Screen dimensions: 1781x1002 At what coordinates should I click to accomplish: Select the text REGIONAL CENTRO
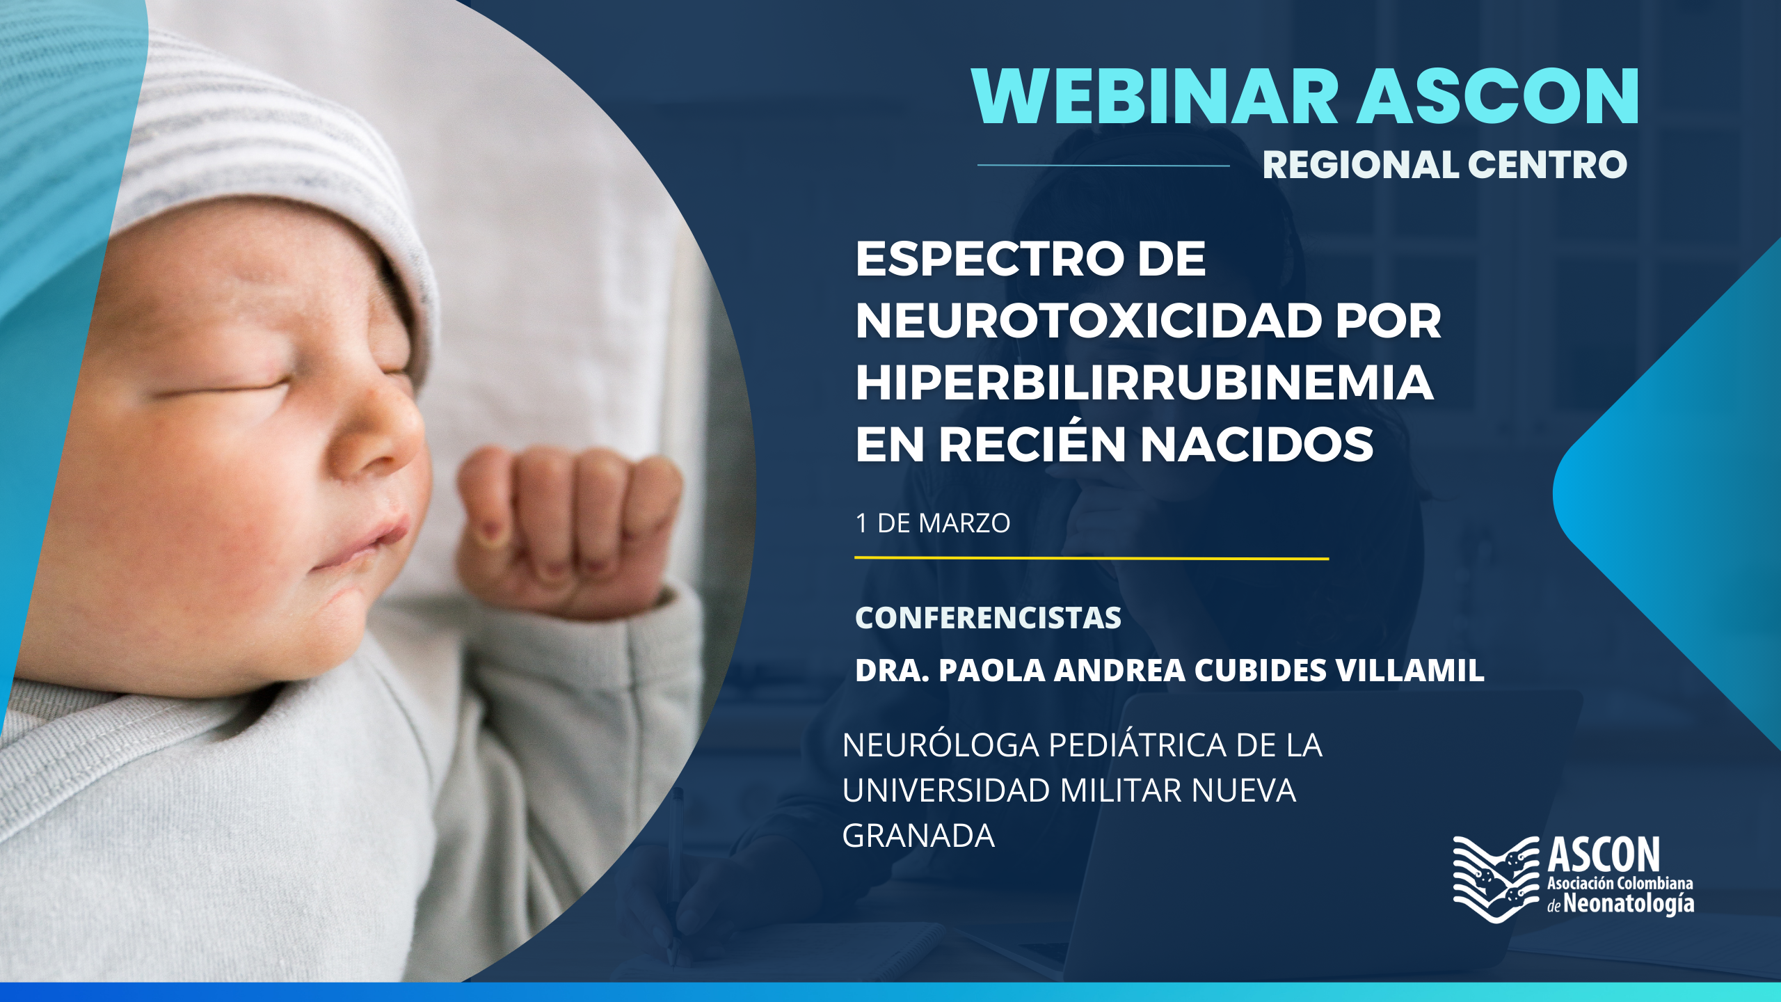point(1445,165)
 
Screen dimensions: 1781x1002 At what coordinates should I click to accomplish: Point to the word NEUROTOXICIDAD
point(1089,321)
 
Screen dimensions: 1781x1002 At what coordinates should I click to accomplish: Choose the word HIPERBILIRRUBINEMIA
point(1144,383)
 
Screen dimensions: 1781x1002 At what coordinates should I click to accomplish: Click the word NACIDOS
point(1258,445)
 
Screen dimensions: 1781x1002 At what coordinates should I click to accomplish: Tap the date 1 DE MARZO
point(933,523)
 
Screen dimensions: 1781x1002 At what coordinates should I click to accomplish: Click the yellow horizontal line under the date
point(1092,558)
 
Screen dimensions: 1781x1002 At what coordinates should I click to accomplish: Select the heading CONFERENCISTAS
point(988,618)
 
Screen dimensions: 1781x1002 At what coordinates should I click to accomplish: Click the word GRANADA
point(918,836)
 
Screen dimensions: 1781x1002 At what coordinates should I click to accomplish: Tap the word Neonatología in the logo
point(1629,904)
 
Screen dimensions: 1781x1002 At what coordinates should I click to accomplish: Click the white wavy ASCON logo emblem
point(1496,880)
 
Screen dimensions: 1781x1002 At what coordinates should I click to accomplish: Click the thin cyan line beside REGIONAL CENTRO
point(1103,166)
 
